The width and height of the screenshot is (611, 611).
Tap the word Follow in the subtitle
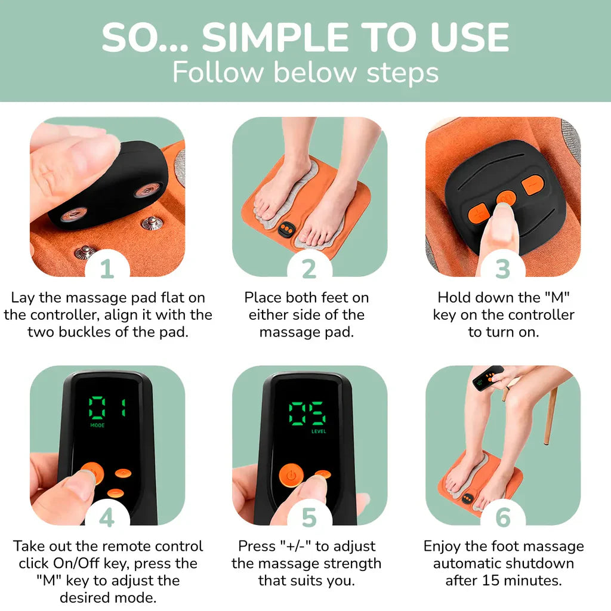[x=218, y=72]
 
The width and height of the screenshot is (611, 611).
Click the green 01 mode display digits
[x=107, y=408]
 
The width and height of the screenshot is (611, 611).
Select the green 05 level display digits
[x=307, y=413]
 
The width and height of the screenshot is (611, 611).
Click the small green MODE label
[x=97, y=425]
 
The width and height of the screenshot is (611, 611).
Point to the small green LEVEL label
[x=319, y=431]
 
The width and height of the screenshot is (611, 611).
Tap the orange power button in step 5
[x=291, y=475]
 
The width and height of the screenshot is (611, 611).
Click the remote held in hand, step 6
[x=487, y=378]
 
